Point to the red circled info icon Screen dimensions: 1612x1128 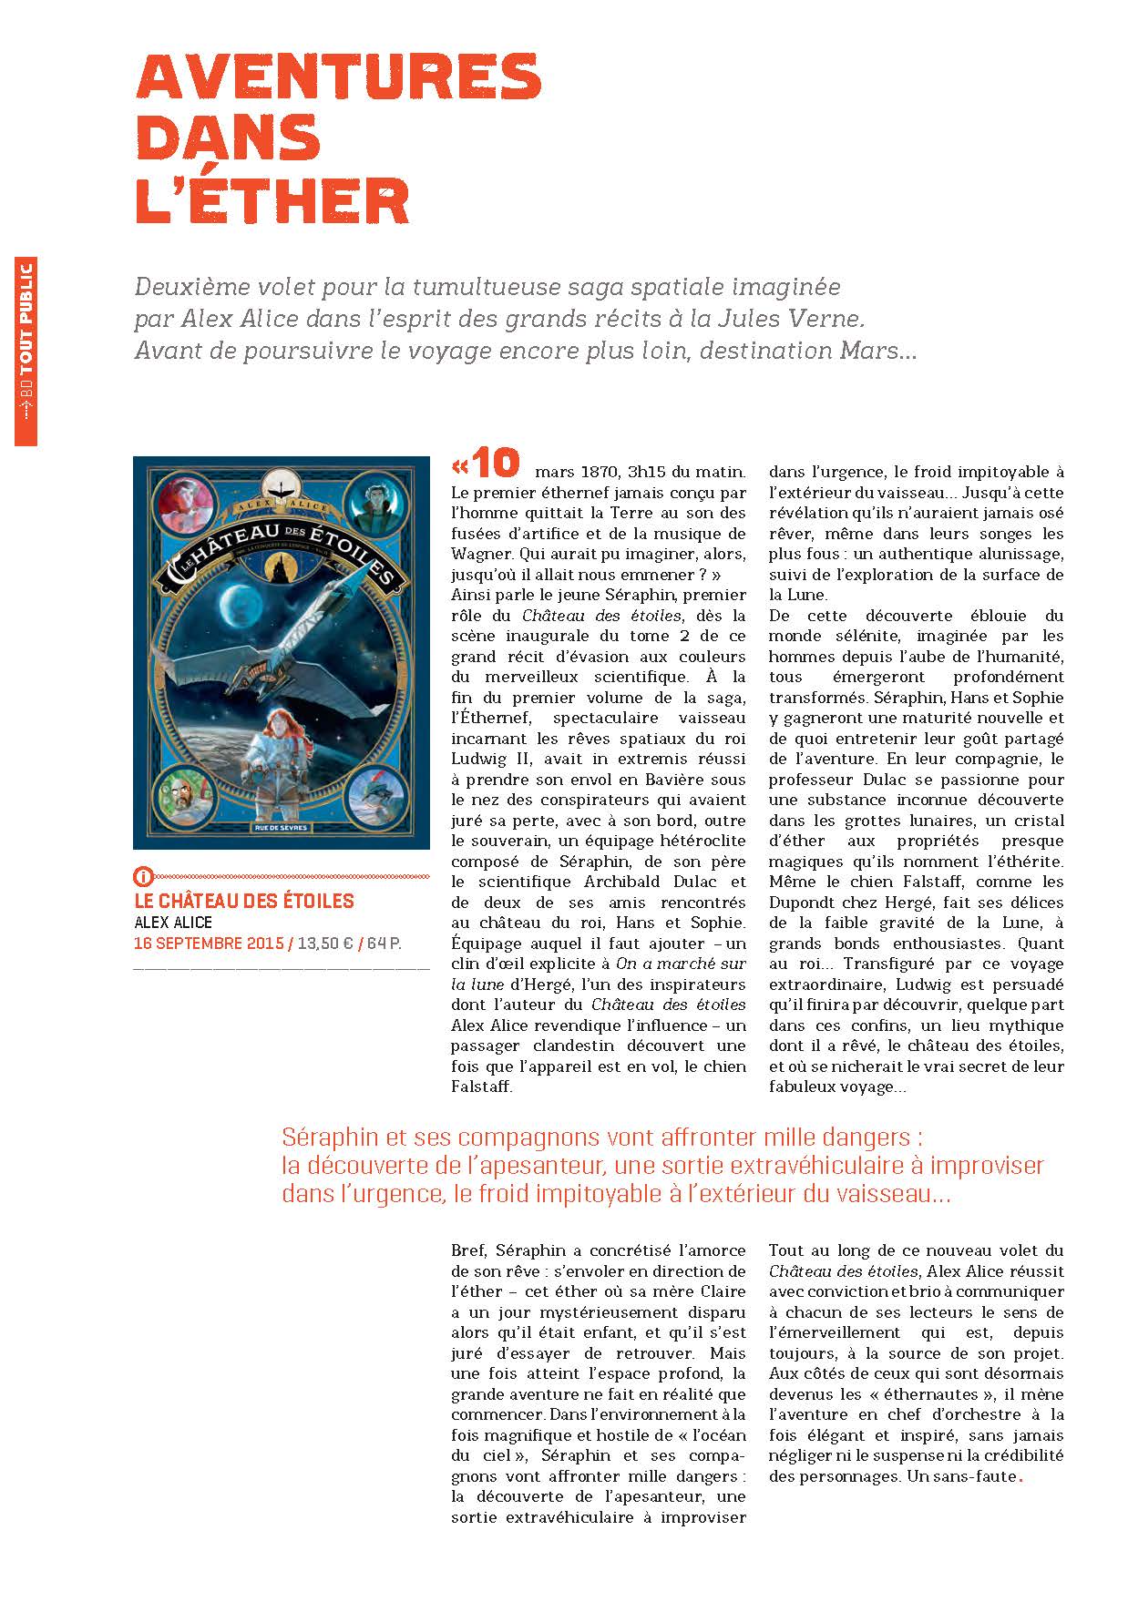[142, 878]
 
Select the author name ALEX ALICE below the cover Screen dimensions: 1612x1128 [173, 923]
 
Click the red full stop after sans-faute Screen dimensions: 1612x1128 [1020, 1478]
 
